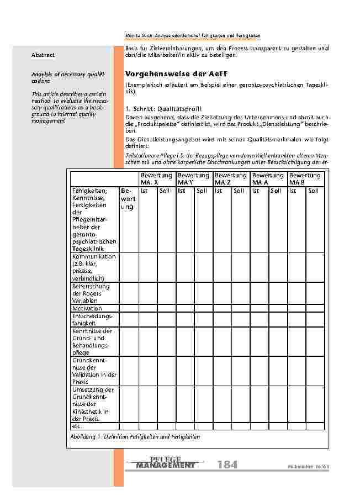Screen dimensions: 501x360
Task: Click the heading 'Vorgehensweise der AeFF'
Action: (177, 73)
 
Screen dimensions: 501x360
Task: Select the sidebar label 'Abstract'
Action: (43, 55)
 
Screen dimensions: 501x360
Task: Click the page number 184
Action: (227, 465)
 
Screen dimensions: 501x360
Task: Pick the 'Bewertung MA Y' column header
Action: (193, 178)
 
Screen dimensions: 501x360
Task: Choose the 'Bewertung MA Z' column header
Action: (230, 178)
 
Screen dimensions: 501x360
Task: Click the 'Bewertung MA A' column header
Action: (268, 178)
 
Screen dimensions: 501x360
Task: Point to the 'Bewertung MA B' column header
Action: (305, 178)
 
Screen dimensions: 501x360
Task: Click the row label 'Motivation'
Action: (87, 308)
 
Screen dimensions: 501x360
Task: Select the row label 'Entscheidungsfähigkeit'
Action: (92, 319)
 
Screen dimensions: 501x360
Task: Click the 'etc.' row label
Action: (77, 426)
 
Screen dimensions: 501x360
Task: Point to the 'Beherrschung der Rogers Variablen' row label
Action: (91, 293)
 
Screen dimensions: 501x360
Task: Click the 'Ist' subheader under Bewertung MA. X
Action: (144, 191)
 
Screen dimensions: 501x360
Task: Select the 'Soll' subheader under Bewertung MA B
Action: (313, 191)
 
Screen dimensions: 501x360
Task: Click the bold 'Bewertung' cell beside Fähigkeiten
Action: (128, 199)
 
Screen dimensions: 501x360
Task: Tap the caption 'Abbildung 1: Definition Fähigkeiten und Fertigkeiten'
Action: (135, 437)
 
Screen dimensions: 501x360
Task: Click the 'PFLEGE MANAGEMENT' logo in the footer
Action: (165, 464)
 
